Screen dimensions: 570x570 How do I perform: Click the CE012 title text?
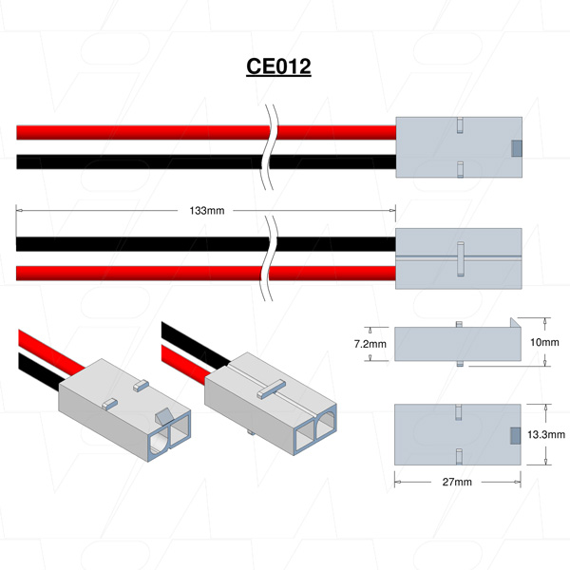point(279,67)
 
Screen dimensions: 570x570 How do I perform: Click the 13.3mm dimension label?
point(543,434)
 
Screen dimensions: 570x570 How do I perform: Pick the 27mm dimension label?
point(457,483)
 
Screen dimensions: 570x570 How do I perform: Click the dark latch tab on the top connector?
point(517,147)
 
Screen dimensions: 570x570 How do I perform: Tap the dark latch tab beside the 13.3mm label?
point(517,434)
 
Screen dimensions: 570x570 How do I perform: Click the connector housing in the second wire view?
point(458,258)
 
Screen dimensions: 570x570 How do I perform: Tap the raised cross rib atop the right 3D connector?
point(272,387)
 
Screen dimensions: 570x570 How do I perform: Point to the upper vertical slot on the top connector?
point(458,125)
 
